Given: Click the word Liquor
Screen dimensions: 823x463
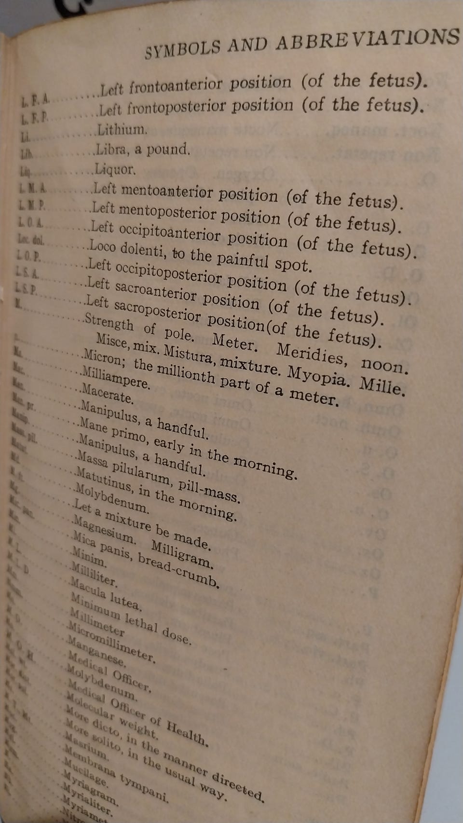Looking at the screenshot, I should (115, 169).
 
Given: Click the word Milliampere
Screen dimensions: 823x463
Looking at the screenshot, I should (116, 378).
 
